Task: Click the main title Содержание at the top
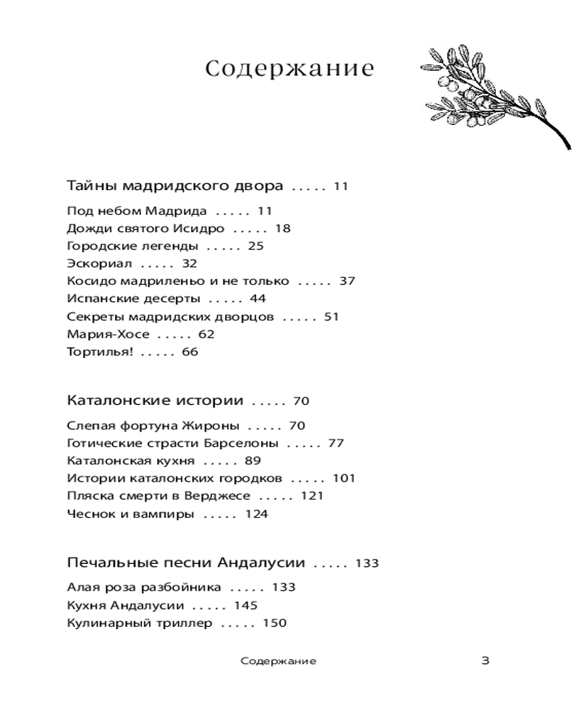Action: pos(289,69)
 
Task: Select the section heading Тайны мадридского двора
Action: pos(174,186)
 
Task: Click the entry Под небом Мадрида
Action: pos(137,211)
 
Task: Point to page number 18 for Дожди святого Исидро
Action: pos(282,228)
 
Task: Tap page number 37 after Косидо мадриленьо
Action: pos(347,281)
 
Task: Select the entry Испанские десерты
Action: pos(133,299)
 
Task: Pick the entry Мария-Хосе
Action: pos(108,334)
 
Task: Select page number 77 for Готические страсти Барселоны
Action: pos(336,443)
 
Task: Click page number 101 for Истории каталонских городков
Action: pos(344,479)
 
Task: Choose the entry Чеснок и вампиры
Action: pos(130,514)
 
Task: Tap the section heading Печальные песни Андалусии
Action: pos(186,562)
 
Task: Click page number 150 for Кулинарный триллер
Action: pos(274,623)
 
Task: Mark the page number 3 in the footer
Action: pos(486,660)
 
